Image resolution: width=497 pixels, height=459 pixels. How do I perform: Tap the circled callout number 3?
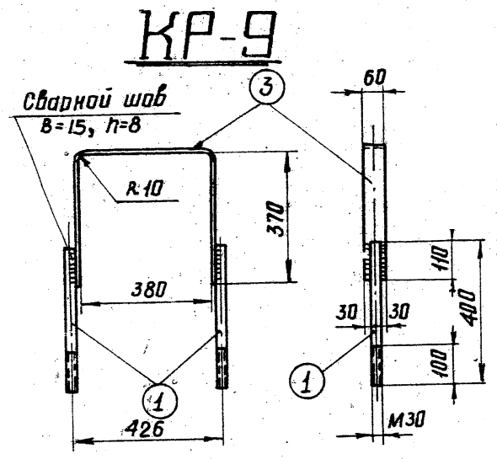click(x=267, y=87)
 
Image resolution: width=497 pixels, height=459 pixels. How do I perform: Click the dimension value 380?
click(x=148, y=290)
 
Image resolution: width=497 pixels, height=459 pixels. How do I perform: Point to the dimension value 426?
click(x=143, y=429)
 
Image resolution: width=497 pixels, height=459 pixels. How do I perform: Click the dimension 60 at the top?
click(x=374, y=78)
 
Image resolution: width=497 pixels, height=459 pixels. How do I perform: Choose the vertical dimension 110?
click(x=441, y=259)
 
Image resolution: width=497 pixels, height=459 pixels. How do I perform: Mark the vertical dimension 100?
click(x=441, y=363)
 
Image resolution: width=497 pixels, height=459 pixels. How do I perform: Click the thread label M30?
click(x=406, y=419)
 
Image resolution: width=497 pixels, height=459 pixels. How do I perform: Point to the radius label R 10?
click(x=145, y=189)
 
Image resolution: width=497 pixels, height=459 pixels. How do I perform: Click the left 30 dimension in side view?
click(x=346, y=312)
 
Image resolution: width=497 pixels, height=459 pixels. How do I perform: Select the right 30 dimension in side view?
click(x=399, y=312)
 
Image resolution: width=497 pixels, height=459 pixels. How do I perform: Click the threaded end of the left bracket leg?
click(x=72, y=372)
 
